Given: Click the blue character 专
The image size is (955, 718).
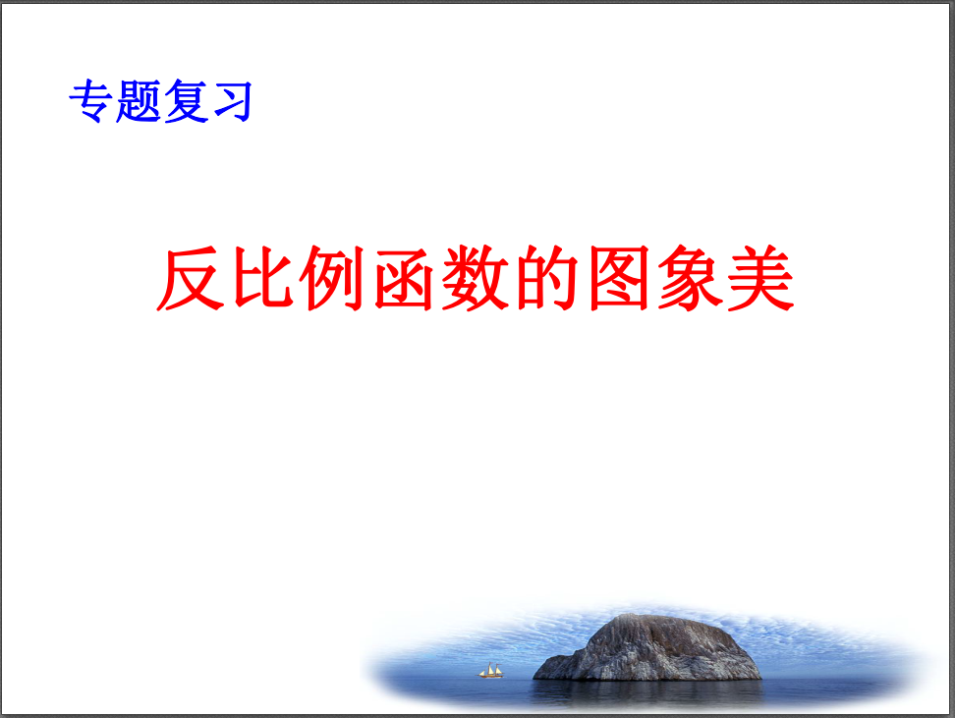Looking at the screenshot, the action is (90, 101).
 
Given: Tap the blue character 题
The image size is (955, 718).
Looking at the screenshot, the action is (139, 101).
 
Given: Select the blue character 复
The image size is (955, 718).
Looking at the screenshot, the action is (186, 101).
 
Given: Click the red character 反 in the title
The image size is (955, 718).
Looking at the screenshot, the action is (191, 279).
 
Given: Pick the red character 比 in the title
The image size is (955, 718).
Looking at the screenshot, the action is (262, 278).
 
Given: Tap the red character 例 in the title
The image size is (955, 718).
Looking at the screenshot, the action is (332, 278).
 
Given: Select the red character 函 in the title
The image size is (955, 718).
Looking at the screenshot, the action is (403, 279).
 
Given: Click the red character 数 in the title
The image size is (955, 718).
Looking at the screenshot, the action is (476, 278).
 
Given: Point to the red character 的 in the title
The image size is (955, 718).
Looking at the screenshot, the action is (547, 278).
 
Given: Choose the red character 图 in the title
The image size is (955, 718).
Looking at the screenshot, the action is (619, 279).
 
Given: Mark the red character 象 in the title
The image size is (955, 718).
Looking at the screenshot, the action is (690, 279).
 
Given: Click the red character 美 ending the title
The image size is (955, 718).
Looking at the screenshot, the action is (761, 279).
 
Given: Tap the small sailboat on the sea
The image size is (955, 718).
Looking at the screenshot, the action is (491, 671).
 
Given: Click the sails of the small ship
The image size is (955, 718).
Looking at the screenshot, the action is (491, 669).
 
